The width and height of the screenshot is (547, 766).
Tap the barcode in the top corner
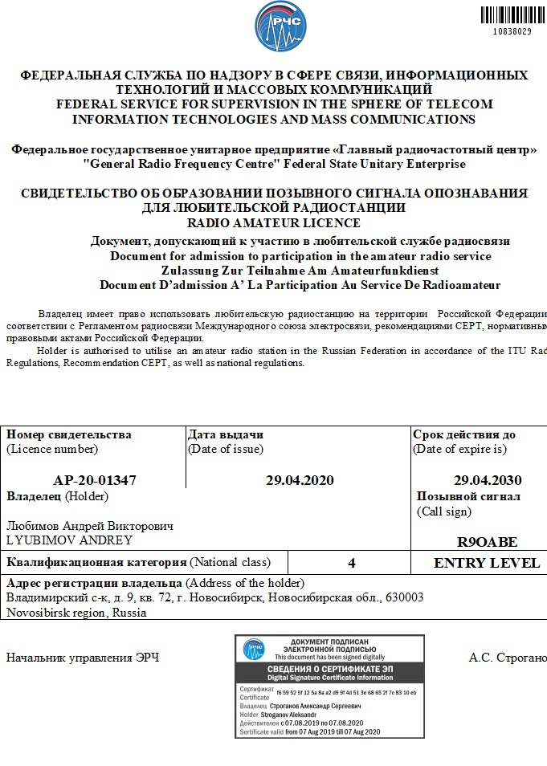point(506,14)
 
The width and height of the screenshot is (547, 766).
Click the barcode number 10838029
point(512,31)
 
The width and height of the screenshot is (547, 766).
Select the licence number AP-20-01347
point(95,480)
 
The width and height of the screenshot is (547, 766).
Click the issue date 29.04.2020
point(299,480)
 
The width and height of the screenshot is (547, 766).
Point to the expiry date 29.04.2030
point(488,480)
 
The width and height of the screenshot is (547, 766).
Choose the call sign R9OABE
point(487,541)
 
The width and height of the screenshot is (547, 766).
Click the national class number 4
point(352,563)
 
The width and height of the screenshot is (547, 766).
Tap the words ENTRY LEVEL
point(487,563)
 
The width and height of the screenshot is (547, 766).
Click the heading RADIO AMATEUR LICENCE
point(273,222)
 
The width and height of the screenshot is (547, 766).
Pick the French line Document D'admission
point(300,285)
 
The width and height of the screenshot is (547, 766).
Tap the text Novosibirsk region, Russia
point(76,613)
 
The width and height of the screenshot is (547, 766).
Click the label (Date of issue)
point(226,449)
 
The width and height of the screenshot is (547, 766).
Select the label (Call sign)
point(443,511)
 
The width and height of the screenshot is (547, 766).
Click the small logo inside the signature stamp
point(255,649)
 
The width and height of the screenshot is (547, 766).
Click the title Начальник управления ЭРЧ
point(83,658)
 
